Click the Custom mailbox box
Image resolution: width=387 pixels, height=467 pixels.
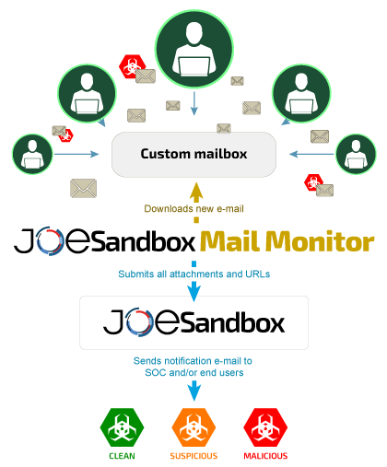193,154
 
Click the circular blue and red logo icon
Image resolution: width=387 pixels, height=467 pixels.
50,240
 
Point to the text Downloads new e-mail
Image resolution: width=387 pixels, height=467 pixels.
193,208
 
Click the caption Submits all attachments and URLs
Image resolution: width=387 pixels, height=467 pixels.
193,274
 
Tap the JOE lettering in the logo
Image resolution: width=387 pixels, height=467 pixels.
139,323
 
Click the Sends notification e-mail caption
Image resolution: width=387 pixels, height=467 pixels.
193,366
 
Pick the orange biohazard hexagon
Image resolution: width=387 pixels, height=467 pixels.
193,428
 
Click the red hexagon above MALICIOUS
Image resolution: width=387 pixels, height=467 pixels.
265,428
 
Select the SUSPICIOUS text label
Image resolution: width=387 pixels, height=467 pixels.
193,456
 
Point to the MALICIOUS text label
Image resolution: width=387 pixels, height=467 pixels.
265,456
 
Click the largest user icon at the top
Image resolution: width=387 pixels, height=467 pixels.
193,52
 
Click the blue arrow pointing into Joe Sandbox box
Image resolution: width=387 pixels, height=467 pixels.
193,290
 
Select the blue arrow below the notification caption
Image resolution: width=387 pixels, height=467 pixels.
193,391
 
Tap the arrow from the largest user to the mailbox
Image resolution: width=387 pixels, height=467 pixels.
193,106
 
